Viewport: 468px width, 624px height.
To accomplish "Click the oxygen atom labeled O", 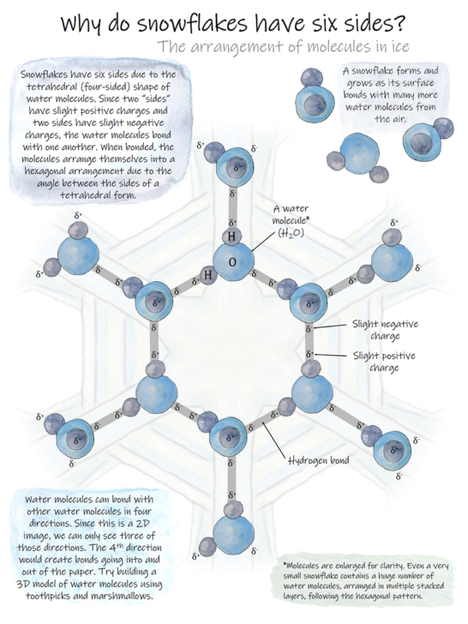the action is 233,261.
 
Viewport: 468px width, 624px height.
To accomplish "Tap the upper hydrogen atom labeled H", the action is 231,237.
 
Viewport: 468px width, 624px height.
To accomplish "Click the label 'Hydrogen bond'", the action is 318,460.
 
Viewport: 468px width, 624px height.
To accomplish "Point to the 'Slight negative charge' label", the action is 385,330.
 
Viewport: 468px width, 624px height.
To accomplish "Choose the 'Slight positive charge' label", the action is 384,362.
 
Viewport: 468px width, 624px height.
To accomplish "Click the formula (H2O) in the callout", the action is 291,233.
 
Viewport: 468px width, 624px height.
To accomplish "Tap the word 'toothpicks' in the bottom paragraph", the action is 45,596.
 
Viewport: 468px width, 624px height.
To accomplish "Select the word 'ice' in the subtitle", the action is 400,46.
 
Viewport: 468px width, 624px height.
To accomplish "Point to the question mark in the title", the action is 399,23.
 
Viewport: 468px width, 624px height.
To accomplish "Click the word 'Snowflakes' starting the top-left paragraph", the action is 44,75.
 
